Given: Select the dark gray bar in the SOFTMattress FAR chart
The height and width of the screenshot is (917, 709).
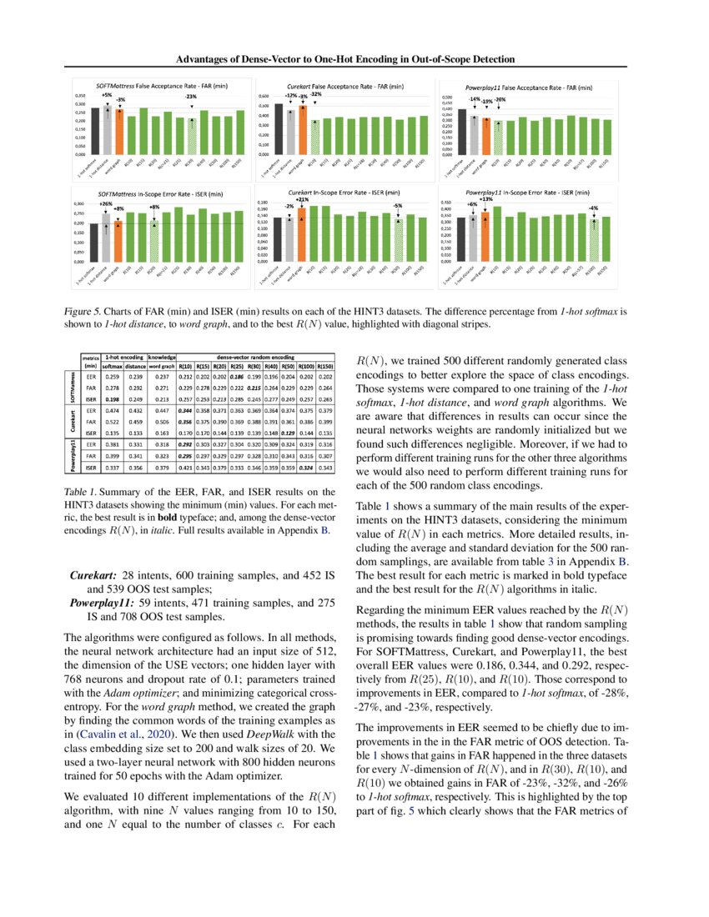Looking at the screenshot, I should [x=95, y=131].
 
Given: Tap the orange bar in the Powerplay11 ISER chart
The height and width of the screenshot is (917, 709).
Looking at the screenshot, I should [x=485, y=237].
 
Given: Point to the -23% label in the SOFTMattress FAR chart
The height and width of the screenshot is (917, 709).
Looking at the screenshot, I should [x=191, y=98].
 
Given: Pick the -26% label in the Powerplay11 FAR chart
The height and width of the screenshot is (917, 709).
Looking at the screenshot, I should [x=500, y=100].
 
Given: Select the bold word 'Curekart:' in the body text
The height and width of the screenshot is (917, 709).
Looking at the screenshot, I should [x=93, y=575].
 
